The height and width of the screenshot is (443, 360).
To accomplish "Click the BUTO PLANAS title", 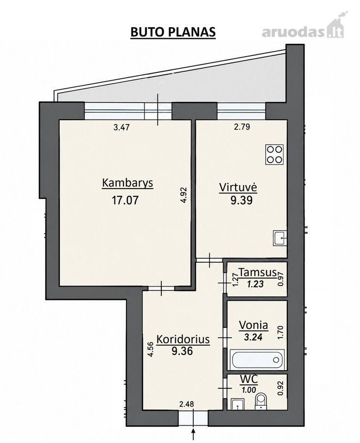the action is click(173, 32).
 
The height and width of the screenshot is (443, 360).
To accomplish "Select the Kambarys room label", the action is click(127, 184).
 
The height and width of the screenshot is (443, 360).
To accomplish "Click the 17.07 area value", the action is click(125, 200).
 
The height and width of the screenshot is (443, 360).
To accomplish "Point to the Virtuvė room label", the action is click(239, 187).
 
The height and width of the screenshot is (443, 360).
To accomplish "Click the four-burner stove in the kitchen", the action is click(274, 155).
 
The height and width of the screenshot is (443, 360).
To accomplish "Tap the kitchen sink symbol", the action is click(280, 238).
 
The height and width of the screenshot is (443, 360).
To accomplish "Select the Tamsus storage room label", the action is click(258, 273).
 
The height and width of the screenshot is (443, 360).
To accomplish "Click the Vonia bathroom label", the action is click(253, 325).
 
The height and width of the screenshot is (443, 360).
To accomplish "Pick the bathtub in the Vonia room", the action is click(257, 359).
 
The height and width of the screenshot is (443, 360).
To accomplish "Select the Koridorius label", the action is click(183, 339).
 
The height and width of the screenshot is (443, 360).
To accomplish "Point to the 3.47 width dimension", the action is click(121, 127).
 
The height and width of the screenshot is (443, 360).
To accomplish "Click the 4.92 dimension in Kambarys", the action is click(184, 195).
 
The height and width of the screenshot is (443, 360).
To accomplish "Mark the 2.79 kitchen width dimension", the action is click(242, 127).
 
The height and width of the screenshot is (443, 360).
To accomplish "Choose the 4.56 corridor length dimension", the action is click(150, 350).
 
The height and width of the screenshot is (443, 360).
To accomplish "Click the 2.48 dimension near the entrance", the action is click(187, 404).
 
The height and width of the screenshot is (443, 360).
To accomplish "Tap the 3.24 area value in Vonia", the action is click(253, 337).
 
